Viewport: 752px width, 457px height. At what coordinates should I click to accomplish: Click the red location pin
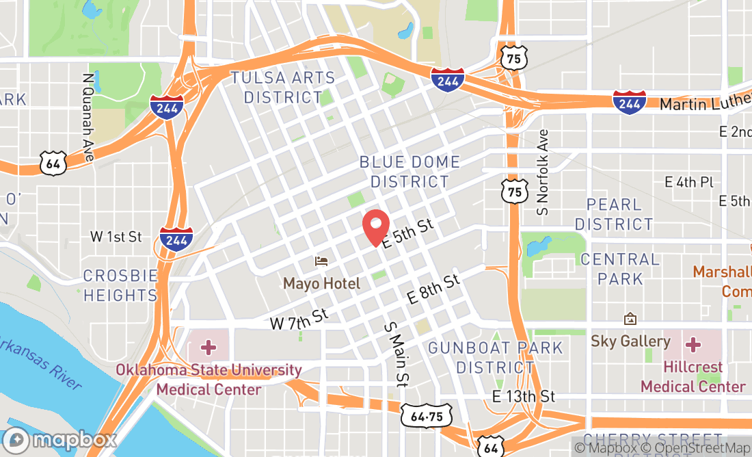(x=375, y=226)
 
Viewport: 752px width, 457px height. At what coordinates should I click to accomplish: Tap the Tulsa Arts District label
(x=283, y=88)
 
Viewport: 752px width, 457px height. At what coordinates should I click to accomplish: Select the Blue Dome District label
(x=409, y=172)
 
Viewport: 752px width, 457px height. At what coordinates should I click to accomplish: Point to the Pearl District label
(x=614, y=214)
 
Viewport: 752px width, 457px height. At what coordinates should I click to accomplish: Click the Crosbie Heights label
(x=120, y=286)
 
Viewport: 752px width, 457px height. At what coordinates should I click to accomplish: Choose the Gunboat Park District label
(x=496, y=357)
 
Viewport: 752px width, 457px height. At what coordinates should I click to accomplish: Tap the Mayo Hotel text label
(x=321, y=283)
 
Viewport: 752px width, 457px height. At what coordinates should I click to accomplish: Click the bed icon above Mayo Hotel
(x=321, y=261)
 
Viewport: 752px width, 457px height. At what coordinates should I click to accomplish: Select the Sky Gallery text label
(x=630, y=341)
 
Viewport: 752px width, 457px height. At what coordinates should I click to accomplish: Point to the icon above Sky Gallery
(x=630, y=319)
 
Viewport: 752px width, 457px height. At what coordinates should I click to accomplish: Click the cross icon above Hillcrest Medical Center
(x=693, y=343)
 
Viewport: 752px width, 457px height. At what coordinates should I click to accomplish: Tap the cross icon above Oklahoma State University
(x=209, y=348)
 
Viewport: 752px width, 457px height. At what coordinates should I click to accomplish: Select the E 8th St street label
(x=433, y=289)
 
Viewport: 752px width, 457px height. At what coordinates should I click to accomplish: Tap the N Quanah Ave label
(x=88, y=118)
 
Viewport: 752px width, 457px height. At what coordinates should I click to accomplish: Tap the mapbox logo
(x=59, y=440)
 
